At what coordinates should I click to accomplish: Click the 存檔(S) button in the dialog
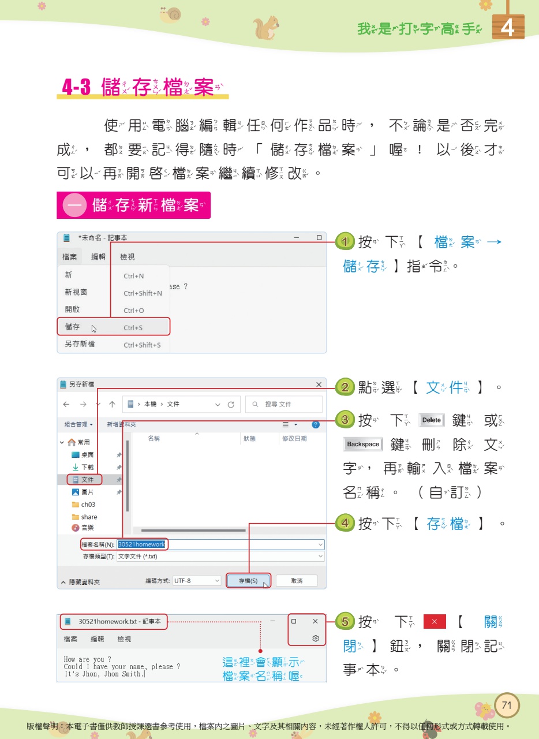point(248,580)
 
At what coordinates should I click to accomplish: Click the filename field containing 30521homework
point(219,544)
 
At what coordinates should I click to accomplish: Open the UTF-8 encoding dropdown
point(197,580)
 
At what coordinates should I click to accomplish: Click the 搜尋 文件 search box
point(284,404)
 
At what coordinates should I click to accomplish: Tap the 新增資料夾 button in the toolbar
point(121,424)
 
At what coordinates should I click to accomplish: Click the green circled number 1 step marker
point(345,241)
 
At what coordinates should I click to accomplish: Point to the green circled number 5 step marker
point(345,622)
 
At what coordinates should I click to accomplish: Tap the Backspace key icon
point(363,444)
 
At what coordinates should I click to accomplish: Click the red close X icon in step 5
point(435,622)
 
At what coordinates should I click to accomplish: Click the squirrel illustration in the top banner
point(266,27)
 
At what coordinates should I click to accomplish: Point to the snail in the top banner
point(171,15)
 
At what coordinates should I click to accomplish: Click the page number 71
point(507,705)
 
